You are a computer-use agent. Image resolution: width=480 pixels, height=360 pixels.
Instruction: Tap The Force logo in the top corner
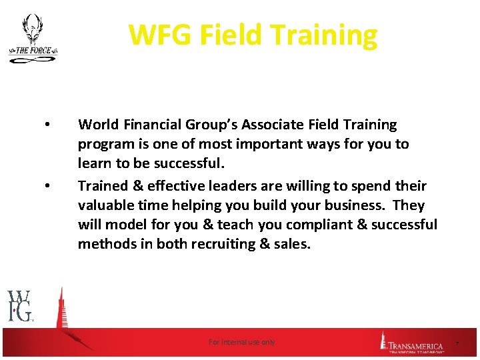[33, 39]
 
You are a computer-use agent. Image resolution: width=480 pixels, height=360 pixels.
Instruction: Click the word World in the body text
[97, 125]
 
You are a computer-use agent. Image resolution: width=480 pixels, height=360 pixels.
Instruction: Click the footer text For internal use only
[241, 342]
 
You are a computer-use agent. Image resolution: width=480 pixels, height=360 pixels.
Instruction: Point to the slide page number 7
[457, 343]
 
